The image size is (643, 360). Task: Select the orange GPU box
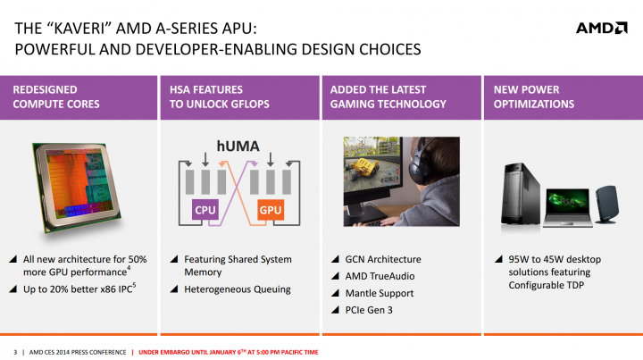[x=271, y=211]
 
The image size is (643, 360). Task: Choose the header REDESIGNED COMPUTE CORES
[x=56, y=96]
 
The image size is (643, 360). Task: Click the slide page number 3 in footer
[x=15, y=350]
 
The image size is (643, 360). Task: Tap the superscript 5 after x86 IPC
[x=134, y=286]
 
